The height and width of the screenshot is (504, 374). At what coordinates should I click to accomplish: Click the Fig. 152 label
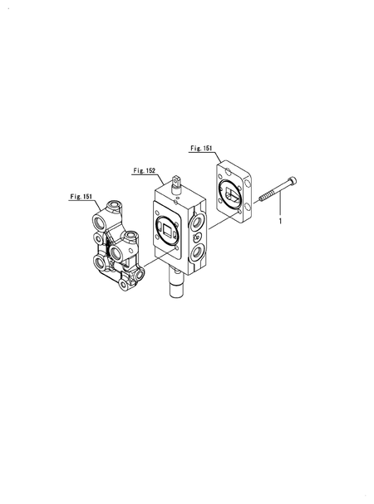click(x=144, y=171)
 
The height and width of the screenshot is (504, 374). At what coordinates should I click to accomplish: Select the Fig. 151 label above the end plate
click(x=201, y=148)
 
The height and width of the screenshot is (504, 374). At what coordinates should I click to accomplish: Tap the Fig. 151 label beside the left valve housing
click(x=81, y=197)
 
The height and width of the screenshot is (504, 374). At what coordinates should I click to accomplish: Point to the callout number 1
click(x=280, y=221)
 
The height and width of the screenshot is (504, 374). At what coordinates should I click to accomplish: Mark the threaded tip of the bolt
click(x=262, y=198)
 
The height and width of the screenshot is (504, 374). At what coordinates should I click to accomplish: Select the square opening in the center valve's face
click(x=169, y=230)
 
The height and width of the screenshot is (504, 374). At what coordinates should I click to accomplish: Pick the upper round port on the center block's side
click(x=196, y=222)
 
